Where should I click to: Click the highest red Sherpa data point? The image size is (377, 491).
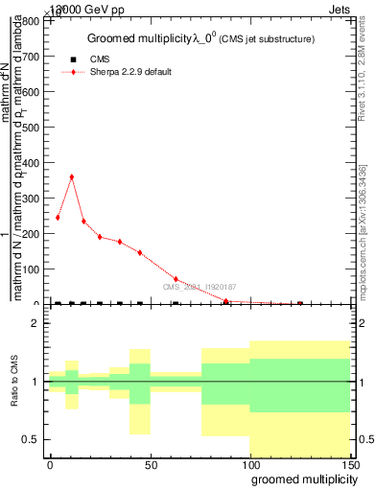point(71,176)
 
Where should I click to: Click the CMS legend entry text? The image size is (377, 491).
point(101,59)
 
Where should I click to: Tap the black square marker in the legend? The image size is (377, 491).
point(72,59)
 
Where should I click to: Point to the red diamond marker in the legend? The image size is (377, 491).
point(72,72)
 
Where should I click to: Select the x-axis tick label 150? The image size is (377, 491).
point(350,464)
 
